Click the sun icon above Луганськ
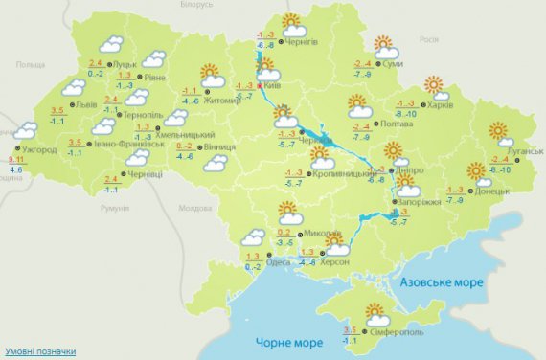[x=498, y=132]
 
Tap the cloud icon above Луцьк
[x=112, y=43]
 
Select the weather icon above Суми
[x=385, y=45]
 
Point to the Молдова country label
[x=194, y=208]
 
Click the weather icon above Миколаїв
[x=287, y=212]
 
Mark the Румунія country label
[x=113, y=208]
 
